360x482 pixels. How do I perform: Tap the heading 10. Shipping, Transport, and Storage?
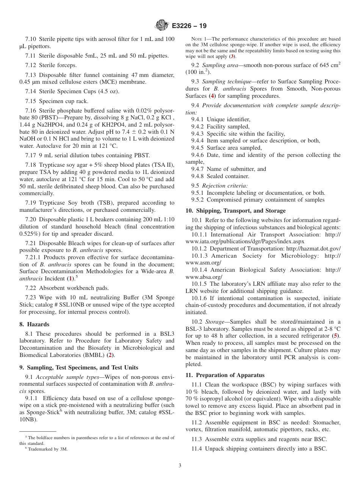[x=235, y=211]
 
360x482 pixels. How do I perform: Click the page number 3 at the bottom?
[x=180, y=466]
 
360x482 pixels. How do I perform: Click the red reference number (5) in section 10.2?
[x=335, y=336]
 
